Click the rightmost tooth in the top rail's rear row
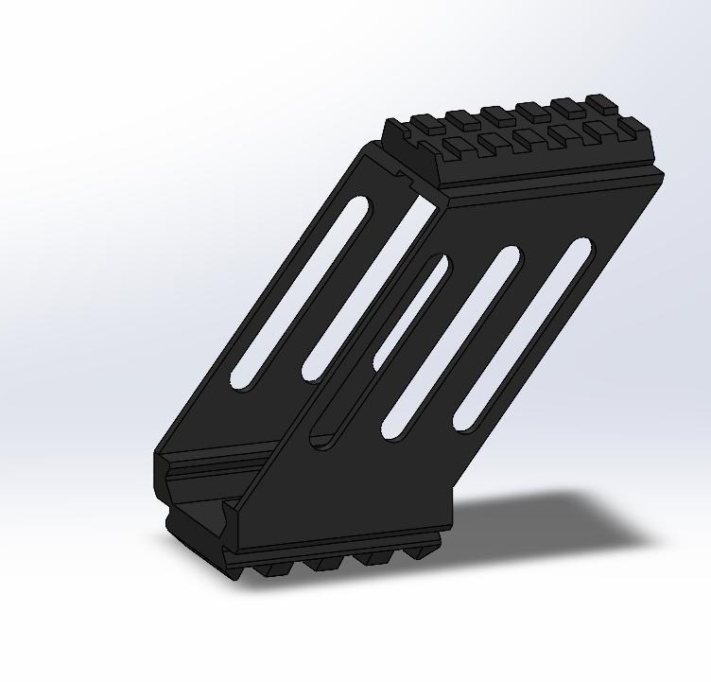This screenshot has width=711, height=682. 599,101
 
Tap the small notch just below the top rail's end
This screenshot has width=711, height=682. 407,175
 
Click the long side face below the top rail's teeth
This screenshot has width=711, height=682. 548,180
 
